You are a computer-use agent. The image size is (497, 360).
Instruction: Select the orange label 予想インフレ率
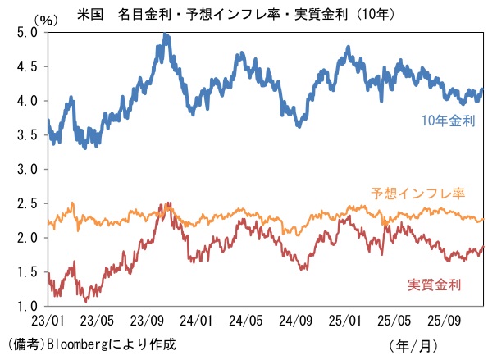point(418,194)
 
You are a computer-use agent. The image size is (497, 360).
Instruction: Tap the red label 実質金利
point(434,285)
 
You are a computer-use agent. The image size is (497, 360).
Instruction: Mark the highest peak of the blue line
point(166,35)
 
